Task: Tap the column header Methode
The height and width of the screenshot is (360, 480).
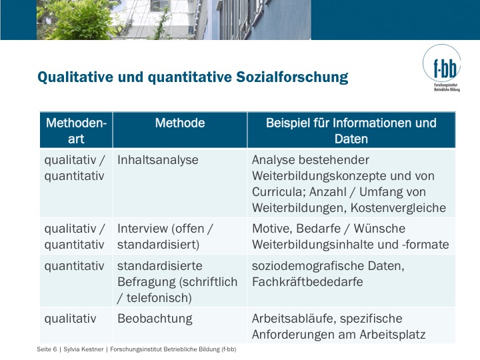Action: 180,123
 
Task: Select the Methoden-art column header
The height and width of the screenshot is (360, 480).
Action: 76,131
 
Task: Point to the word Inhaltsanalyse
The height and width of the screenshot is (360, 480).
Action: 157,160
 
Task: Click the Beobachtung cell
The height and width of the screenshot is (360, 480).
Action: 155,319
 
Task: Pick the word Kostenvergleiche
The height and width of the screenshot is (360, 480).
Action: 398,208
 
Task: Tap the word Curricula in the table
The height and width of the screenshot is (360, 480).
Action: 278,192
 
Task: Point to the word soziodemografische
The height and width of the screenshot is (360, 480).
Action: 308,266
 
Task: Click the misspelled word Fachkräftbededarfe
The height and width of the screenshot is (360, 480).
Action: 307,282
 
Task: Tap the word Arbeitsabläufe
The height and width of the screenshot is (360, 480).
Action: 293,319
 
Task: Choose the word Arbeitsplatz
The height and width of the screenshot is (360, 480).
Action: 393,335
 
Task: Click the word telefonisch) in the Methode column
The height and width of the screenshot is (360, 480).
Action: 159,298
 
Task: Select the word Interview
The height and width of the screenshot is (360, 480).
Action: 143,229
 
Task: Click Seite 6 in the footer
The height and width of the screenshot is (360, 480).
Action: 47,349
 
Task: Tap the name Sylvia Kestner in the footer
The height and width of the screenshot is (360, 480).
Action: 83,349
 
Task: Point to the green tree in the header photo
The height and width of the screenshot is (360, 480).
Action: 79,20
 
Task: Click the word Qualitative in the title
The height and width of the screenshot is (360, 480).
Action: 75,77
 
